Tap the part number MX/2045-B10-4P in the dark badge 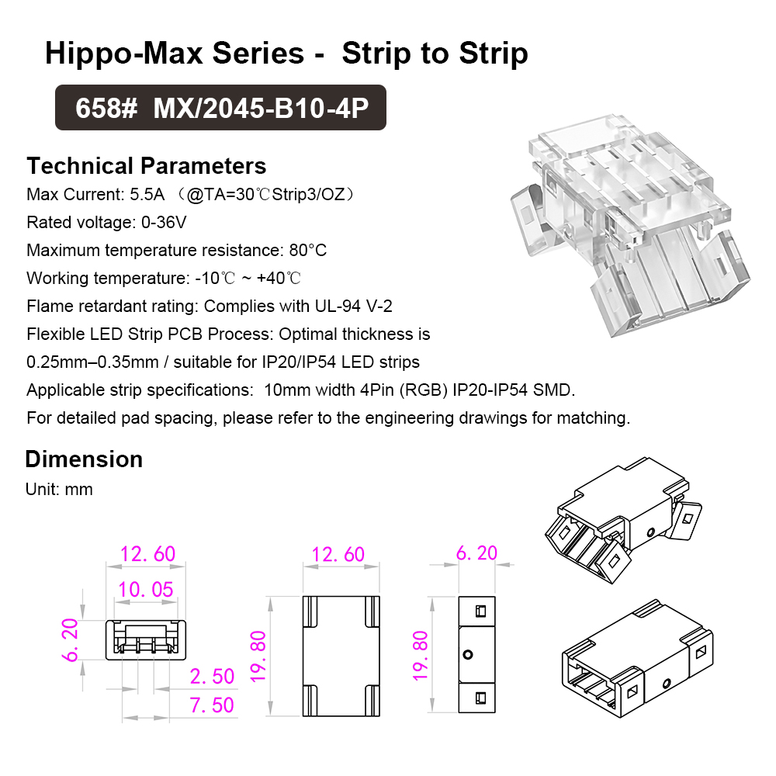261,108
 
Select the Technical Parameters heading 147,166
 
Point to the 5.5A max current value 147,195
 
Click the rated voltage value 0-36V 164,222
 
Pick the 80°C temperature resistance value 308,250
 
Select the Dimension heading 84,459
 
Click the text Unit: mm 59,490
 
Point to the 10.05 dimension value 146,590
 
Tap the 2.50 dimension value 212,676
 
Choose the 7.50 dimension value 212,705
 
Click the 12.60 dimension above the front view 147,554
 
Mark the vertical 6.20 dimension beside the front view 71,640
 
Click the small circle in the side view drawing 468,654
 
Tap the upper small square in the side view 480,611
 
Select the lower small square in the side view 480,698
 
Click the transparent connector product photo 630,225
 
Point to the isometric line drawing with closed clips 637,659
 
